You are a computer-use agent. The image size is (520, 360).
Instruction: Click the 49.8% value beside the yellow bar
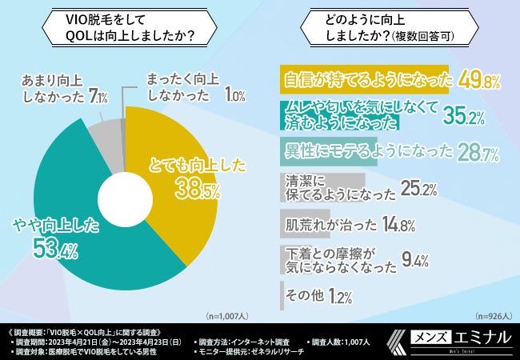(x=479, y=80)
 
